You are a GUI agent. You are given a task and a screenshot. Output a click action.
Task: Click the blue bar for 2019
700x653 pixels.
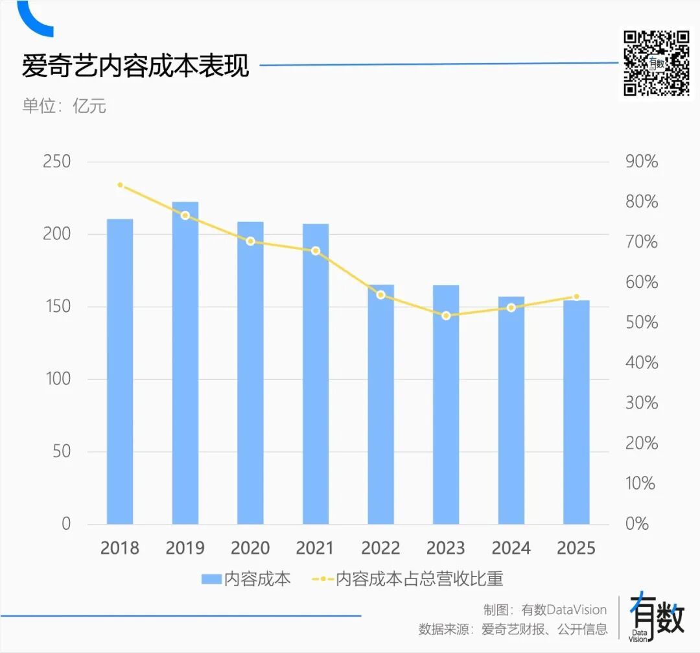[185, 363]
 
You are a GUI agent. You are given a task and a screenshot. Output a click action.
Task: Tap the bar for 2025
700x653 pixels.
[576, 412]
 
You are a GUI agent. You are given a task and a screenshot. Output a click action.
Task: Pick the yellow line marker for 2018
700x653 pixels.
[120, 185]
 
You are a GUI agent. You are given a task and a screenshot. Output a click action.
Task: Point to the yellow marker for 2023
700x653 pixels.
[446, 316]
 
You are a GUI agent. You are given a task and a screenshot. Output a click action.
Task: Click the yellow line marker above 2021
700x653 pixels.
[316, 251]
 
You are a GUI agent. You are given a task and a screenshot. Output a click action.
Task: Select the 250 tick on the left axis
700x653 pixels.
[56, 162]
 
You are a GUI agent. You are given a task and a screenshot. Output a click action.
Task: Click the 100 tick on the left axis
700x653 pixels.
[56, 379]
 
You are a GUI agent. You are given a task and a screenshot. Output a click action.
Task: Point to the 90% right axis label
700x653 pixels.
[641, 162]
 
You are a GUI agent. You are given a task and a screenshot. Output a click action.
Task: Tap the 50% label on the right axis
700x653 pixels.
[641, 323]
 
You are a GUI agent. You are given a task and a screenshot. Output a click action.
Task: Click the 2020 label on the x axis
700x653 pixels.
[250, 549]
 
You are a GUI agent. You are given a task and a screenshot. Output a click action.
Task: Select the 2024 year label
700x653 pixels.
[511, 549]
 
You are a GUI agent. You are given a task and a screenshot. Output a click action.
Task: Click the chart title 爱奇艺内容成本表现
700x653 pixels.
[135, 66]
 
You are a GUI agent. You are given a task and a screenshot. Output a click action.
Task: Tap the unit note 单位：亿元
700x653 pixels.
[64, 106]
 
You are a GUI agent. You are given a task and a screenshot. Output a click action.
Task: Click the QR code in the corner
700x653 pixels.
[656, 63]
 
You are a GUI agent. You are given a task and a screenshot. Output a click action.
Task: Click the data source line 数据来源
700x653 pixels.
[513, 628]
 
